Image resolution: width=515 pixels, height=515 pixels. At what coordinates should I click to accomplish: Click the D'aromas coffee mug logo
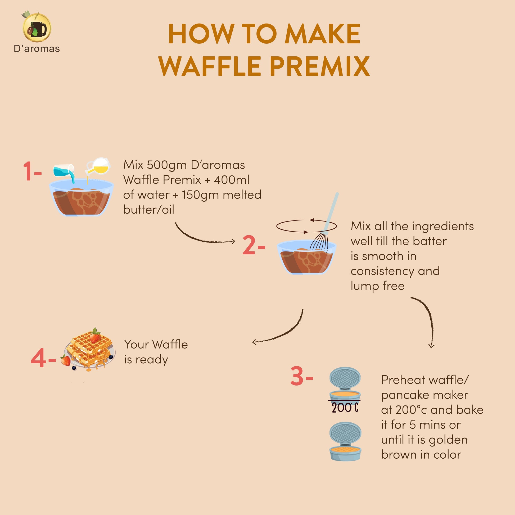click(x=37, y=27)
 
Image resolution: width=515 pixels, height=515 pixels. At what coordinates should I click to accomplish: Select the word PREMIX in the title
click(x=320, y=66)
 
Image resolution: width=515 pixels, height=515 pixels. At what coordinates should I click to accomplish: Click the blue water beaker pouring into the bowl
click(x=64, y=172)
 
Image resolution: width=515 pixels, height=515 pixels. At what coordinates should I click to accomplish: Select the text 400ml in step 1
click(x=231, y=180)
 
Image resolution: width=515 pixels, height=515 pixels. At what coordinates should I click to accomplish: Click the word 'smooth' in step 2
click(x=383, y=256)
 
